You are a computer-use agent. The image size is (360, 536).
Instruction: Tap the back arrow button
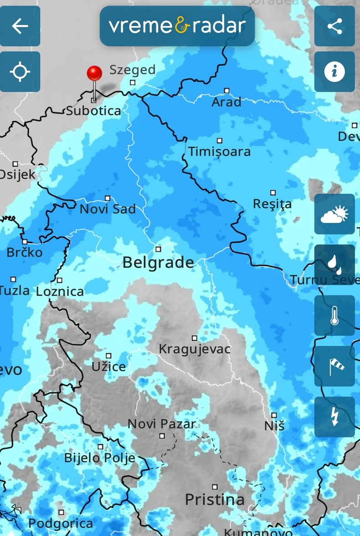(20, 26)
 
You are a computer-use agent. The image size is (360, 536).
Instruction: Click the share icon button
(334, 26)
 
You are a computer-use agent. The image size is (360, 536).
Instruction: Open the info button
(334, 72)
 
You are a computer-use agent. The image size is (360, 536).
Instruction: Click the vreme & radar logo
(177, 26)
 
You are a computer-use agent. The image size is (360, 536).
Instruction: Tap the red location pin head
(94, 73)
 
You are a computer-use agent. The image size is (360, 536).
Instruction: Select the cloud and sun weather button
(334, 214)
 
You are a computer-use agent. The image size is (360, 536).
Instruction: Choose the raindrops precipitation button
(334, 264)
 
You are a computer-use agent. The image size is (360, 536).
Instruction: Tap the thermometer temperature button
(334, 315)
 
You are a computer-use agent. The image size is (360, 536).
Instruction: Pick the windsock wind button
(334, 366)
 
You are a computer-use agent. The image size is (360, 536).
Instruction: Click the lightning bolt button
(334, 417)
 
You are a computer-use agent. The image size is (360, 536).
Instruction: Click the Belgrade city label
(158, 263)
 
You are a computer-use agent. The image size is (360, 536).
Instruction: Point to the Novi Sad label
(108, 210)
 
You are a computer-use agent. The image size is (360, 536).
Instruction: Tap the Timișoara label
(219, 152)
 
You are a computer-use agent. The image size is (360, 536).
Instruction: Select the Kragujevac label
(195, 350)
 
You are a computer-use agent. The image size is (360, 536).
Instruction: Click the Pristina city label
(215, 500)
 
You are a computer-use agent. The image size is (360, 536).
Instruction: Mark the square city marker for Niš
(274, 415)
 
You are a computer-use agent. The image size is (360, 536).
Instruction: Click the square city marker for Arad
(226, 91)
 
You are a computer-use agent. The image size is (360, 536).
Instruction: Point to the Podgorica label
(61, 524)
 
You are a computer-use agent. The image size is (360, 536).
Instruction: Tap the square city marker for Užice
(108, 356)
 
